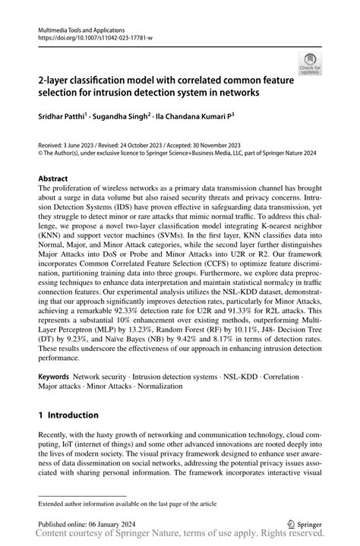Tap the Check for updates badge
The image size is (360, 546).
pyautogui.click(x=310, y=64)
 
